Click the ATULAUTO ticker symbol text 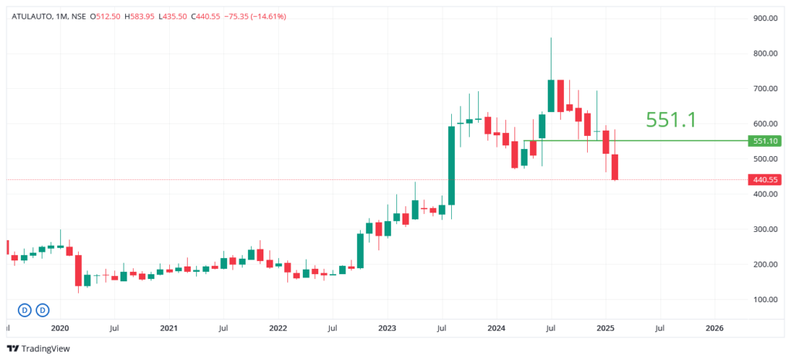pyautogui.click(x=31, y=16)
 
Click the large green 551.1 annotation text pyautogui.click(x=671, y=120)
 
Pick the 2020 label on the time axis pyautogui.click(x=60, y=328)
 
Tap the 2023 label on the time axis pyautogui.click(x=387, y=328)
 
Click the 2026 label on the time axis pyautogui.click(x=715, y=328)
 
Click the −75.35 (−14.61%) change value pyautogui.click(x=255, y=16)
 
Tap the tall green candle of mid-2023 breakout pyautogui.click(x=451, y=165)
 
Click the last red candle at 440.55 pyautogui.click(x=616, y=168)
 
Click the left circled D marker pyautogui.click(x=25, y=310)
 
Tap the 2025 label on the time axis pyautogui.click(x=606, y=328)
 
